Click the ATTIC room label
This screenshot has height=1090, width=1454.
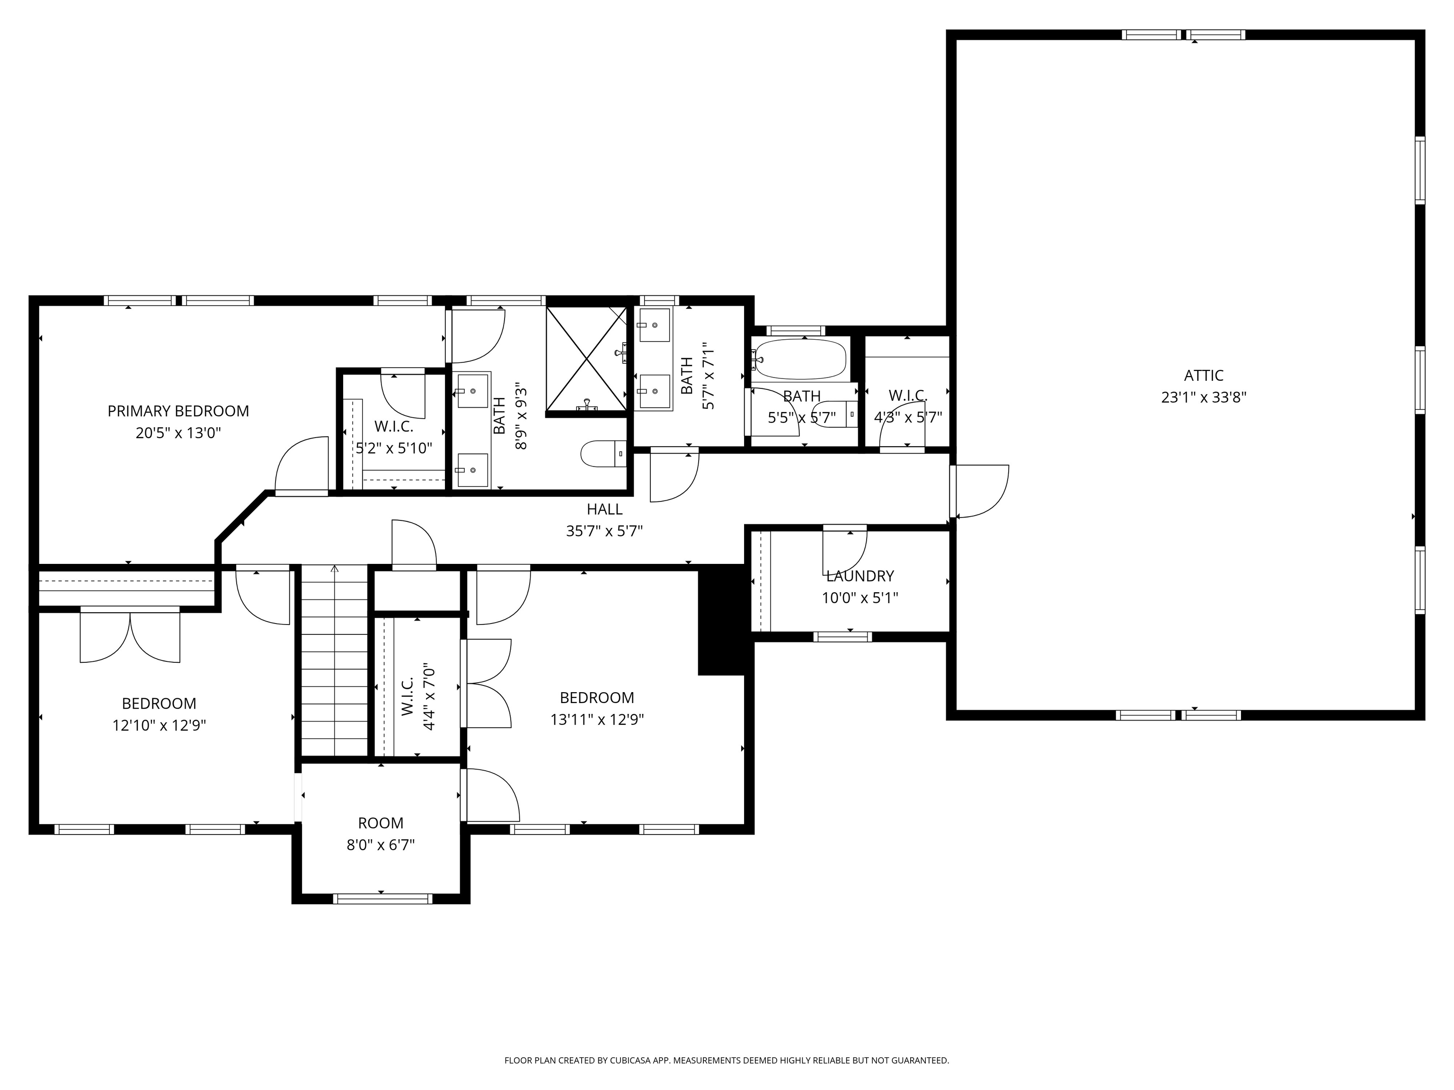1204,375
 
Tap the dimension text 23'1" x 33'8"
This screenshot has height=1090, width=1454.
1204,397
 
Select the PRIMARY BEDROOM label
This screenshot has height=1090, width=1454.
178,411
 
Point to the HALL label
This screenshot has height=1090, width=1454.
604,509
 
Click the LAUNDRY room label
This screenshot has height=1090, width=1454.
860,576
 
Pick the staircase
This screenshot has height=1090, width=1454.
334,660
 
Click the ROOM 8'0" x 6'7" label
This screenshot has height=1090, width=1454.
381,823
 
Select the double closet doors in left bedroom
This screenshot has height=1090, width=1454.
130,635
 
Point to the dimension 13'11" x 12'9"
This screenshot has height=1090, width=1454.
597,720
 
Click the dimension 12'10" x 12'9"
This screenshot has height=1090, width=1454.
159,725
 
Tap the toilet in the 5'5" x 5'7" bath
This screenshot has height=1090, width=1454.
838,414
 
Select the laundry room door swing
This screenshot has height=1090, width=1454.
845,551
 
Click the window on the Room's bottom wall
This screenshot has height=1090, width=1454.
382,899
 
